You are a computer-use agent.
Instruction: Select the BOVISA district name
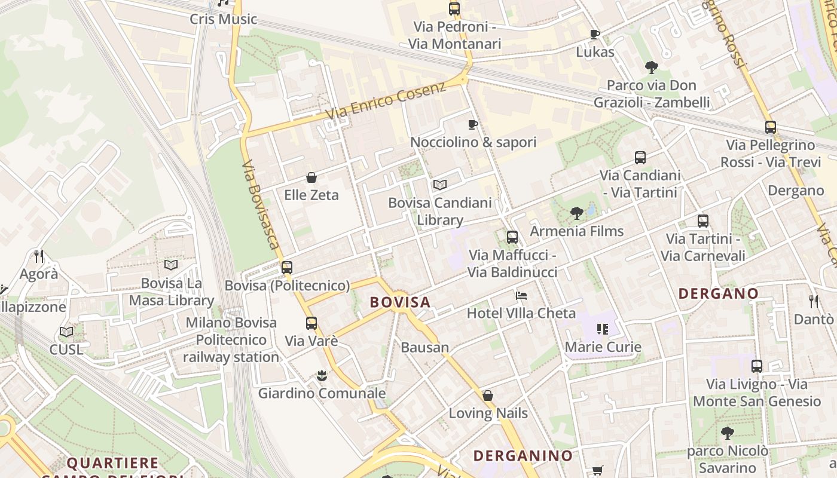pos(400,302)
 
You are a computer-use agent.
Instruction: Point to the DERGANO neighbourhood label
pos(719,293)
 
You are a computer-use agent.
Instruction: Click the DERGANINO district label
pos(523,455)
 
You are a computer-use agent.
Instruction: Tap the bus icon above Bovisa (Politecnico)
pos(287,267)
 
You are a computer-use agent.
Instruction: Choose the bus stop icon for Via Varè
pos(311,323)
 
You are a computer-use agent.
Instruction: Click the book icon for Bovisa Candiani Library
pos(440,185)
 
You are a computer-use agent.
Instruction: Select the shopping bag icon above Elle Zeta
pos(311,177)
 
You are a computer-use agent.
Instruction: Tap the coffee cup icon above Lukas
pos(594,34)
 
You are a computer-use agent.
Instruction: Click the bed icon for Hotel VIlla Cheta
pos(521,295)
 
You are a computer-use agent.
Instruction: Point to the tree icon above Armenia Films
pos(577,213)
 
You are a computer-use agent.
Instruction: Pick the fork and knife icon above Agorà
pos(39,256)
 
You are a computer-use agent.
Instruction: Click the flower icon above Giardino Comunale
pos(322,376)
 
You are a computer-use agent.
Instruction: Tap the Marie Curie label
pos(603,347)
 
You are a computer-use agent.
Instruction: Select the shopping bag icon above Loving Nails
pos(488,396)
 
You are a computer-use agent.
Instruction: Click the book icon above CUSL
pos(66,332)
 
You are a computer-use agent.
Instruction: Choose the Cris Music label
pos(223,19)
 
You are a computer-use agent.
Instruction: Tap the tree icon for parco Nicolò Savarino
pos(727,433)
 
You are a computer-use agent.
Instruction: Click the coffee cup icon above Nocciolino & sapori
pos(473,124)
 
